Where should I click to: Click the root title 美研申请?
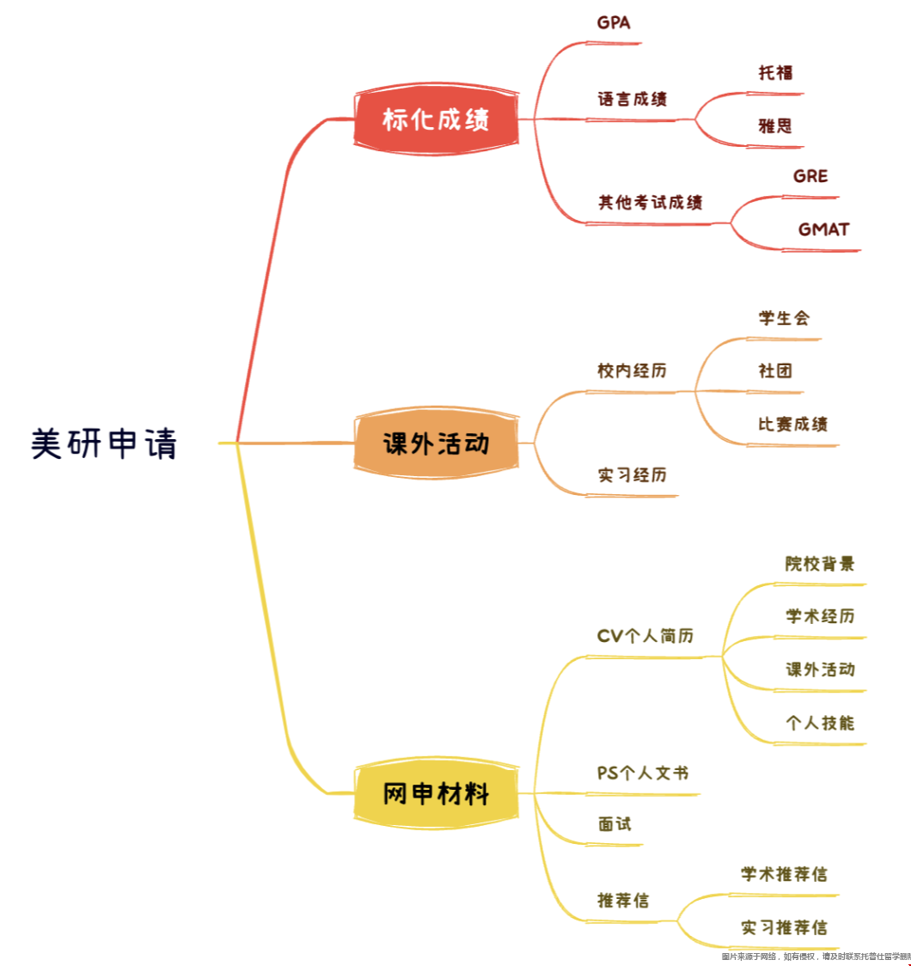(x=104, y=444)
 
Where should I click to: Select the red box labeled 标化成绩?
(x=436, y=120)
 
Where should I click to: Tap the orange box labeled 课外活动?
(x=436, y=444)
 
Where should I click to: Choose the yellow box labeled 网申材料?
(x=436, y=794)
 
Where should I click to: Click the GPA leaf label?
(x=614, y=23)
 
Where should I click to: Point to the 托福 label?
(x=775, y=73)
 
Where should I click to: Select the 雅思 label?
(x=775, y=126)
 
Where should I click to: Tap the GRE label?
(x=810, y=176)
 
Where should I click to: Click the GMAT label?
(x=823, y=229)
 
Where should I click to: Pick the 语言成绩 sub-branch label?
(x=633, y=99)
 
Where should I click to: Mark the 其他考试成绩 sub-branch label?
(x=651, y=203)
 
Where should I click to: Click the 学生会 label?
(x=784, y=318)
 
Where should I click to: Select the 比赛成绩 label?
(x=792, y=424)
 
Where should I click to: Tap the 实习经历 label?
(x=633, y=474)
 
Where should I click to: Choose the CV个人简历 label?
(x=645, y=636)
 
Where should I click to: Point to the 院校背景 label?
(x=820, y=564)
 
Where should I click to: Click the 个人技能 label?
(x=820, y=723)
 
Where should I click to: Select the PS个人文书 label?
(x=643, y=773)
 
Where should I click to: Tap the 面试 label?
(x=614, y=823)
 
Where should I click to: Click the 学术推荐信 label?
(x=784, y=874)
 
